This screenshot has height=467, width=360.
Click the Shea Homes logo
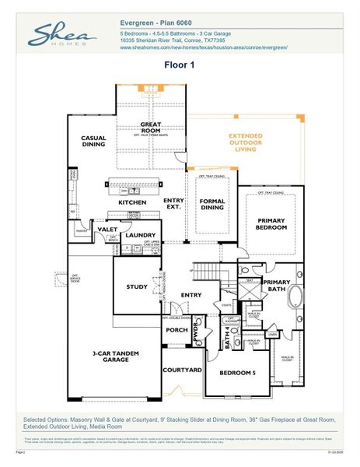coord(63,36)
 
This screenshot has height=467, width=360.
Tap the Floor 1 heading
coord(180,65)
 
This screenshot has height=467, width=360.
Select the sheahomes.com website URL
coord(204,47)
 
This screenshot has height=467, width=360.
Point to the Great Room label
coord(151,128)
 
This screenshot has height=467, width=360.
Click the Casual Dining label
coord(93,142)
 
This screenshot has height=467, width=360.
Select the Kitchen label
coord(132,203)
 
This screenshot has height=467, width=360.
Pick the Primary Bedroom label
coord(272,224)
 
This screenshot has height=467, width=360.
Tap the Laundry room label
coord(142,234)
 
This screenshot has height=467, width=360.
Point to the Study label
coord(137,287)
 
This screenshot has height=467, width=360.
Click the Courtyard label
coord(182,370)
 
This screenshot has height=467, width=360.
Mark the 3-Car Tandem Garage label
coord(116,356)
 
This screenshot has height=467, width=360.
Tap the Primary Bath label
coord(276,285)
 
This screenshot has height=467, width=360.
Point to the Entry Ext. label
coord(173,204)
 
